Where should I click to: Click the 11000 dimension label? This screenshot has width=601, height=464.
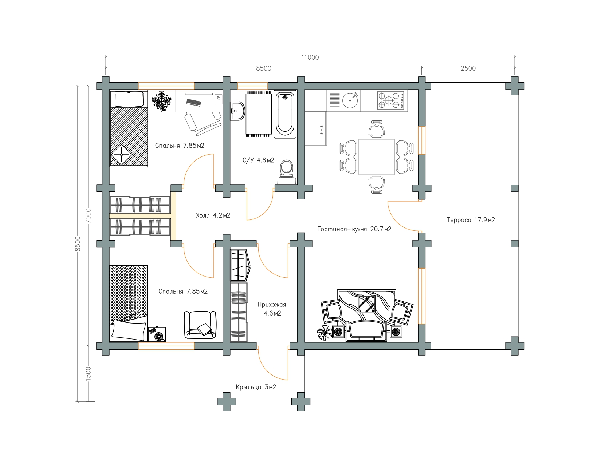(x=310, y=57)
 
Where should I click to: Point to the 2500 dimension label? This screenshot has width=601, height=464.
(x=468, y=68)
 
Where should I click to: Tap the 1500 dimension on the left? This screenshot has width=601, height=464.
(x=88, y=374)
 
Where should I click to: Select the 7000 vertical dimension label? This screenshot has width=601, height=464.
(x=88, y=215)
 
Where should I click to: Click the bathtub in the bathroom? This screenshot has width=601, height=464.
(x=285, y=114)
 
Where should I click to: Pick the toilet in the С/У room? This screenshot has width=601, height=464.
(x=287, y=172)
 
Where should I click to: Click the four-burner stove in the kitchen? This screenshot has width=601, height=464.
(x=391, y=100)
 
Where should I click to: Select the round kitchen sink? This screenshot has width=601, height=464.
(x=350, y=100)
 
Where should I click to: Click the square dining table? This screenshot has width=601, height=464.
(x=376, y=157)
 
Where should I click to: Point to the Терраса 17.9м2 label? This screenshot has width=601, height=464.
(x=471, y=220)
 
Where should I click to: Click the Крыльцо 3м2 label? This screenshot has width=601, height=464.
(x=256, y=387)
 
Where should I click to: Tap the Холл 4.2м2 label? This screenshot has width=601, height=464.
(x=213, y=215)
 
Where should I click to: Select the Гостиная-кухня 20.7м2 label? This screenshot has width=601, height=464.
(x=354, y=229)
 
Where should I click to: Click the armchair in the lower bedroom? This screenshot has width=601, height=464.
(x=200, y=325)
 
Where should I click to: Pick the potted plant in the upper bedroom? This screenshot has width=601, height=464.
(x=161, y=101)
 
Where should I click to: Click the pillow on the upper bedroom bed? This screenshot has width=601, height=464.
(x=129, y=99)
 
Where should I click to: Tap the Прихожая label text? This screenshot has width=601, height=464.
(x=272, y=305)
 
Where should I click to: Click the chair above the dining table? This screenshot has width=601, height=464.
(x=376, y=129)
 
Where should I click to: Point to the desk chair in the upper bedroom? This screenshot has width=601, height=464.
(x=203, y=124)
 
